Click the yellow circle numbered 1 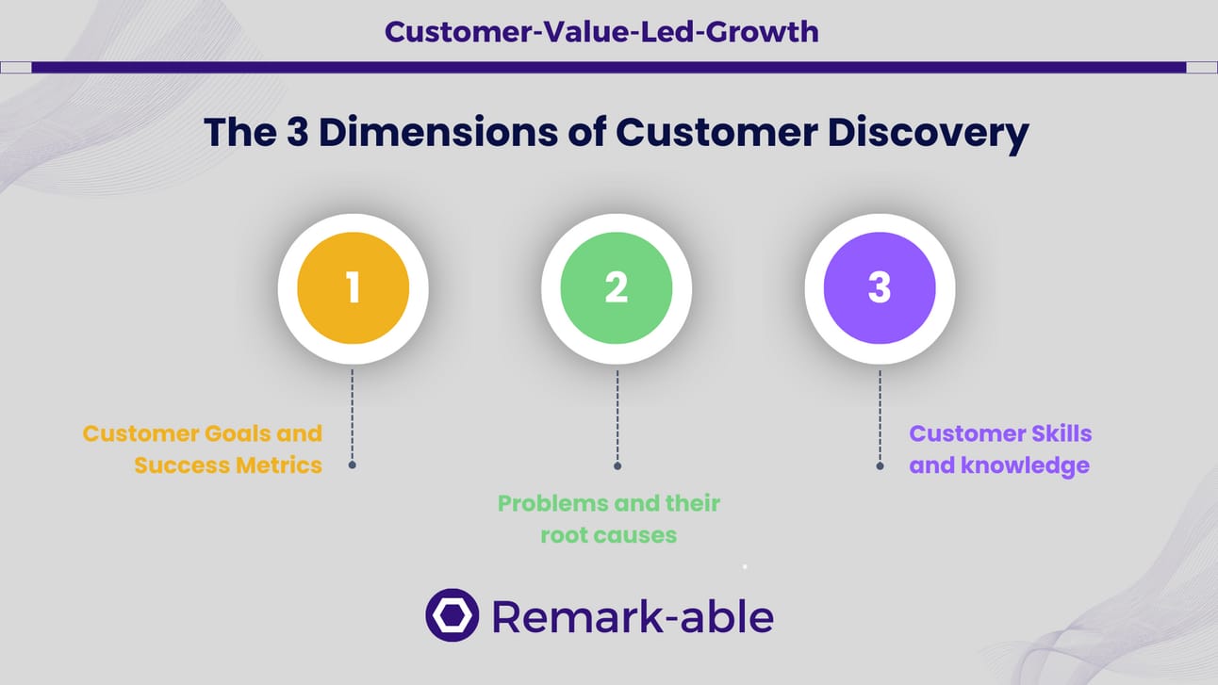[x=353, y=288]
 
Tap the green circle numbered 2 [x=616, y=288]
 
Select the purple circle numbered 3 [x=879, y=288]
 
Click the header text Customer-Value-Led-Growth [x=601, y=32]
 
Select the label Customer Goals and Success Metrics [x=203, y=449]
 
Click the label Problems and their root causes [x=609, y=519]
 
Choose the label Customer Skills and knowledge [x=1000, y=449]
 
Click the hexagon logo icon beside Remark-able [x=452, y=615]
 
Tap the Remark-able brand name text [x=632, y=617]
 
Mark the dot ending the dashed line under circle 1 [x=352, y=465]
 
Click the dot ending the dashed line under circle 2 [x=617, y=465]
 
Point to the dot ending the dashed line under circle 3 [x=880, y=465]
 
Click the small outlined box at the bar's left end [x=16, y=67]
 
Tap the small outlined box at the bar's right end [x=1201, y=67]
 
